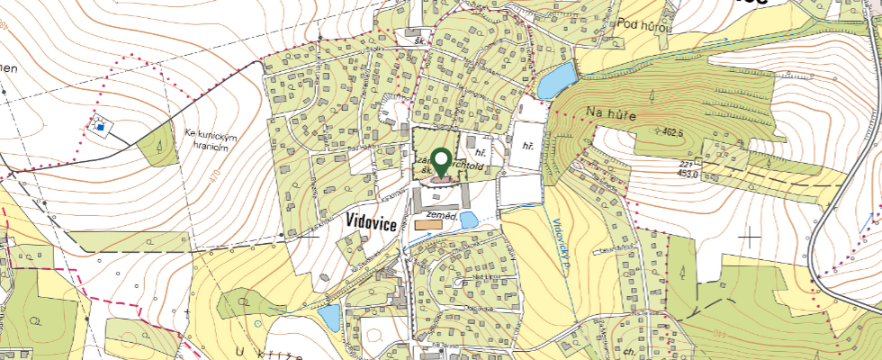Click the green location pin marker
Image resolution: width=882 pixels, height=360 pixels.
click(x=441, y=162)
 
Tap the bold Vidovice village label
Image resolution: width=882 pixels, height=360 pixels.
click(x=372, y=223)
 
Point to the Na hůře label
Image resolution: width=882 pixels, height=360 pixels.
click(x=605, y=112)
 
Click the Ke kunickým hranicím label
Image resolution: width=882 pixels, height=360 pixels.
click(x=211, y=141)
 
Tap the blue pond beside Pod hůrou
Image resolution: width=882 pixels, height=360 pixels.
click(x=556, y=80)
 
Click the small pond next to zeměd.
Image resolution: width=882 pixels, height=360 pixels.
click(x=468, y=220)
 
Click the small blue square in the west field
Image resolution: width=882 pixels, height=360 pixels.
click(x=102, y=128)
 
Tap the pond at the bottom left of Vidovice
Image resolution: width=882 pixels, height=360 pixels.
click(x=329, y=317)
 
